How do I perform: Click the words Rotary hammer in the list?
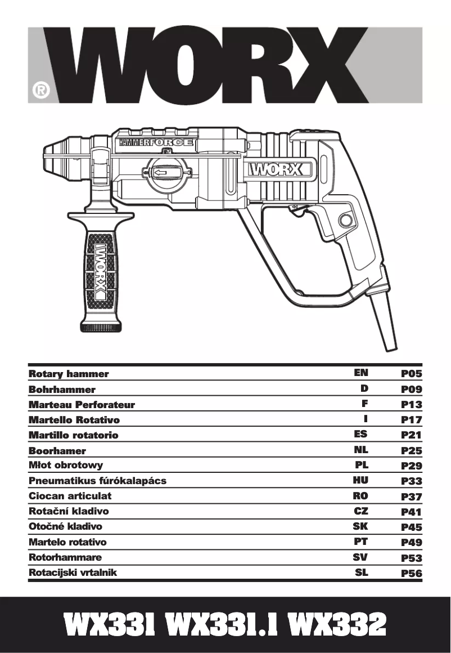coord(69,374)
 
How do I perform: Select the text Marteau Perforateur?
coord(82,405)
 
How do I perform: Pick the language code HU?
coord(360,481)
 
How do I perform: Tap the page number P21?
coord(411,435)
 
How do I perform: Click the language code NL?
coord(361,450)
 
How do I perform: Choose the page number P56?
coord(411,574)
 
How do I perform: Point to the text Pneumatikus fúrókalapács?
coord(97,481)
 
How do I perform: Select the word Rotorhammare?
coord(65,557)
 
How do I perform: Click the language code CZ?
coord(361,511)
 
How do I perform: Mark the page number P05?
coord(411,374)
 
